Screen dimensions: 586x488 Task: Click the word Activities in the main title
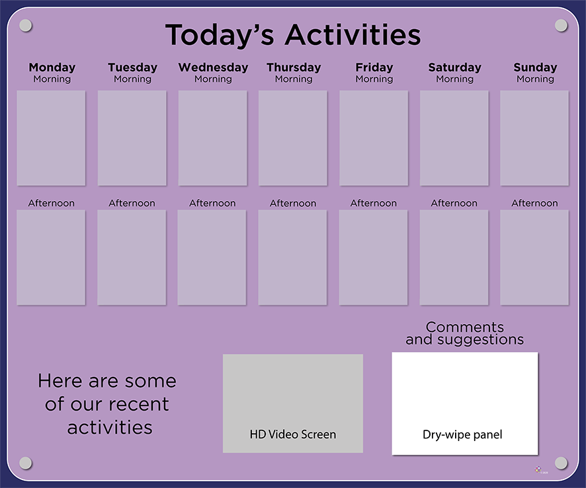click(x=353, y=35)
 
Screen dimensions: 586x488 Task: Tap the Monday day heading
click(x=52, y=67)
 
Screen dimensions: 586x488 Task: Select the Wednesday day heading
click(x=213, y=67)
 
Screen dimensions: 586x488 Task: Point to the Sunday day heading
click(x=535, y=67)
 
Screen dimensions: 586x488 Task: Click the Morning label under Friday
click(x=374, y=79)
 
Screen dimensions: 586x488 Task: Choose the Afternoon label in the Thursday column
click(x=293, y=203)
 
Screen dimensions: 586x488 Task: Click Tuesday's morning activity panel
click(x=132, y=138)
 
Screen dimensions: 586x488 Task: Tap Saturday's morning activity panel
click(x=454, y=138)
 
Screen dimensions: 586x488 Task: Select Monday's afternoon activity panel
click(x=51, y=257)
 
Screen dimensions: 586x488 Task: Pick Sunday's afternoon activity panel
click(x=534, y=257)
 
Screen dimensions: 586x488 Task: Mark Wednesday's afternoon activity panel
click(x=212, y=257)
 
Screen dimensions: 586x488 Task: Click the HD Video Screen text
click(x=293, y=434)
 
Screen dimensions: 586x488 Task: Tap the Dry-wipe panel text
click(x=462, y=434)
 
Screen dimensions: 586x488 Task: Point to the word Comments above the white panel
click(x=465, y=327)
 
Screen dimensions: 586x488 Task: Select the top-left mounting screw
click(x=25, y=26)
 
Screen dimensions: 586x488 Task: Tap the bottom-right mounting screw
click(x=561, y=463)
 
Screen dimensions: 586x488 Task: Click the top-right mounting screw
click(x=561, y=26)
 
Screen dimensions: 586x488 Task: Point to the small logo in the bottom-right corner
click(x=538, y=469)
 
